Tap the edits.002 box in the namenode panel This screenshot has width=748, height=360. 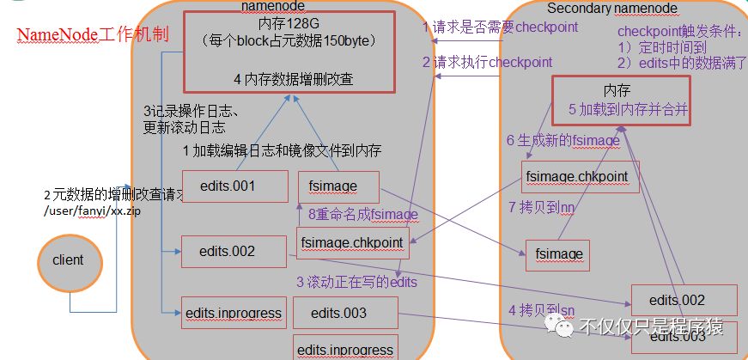pos(233,251)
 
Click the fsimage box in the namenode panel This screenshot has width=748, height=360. pos(338,186)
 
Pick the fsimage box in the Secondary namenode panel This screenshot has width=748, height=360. pos(559,254)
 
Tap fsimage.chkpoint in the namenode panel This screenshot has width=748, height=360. pos(351,243)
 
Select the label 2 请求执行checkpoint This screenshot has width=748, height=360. pos(487,62)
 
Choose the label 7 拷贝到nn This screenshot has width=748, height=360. pos(541,207)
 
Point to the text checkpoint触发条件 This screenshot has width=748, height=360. pos(679,31)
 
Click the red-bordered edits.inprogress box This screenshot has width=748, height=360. pos(234,314)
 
